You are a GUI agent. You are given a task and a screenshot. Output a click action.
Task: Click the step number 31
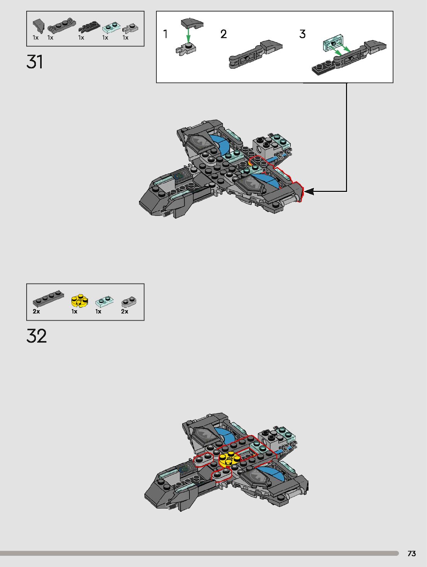[x=35, y=62]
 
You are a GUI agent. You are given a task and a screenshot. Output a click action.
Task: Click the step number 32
[x=37, y=336]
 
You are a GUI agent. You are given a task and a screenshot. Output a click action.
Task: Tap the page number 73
[x=412, y=553]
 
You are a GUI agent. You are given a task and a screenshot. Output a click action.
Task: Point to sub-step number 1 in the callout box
[x=165, y=34]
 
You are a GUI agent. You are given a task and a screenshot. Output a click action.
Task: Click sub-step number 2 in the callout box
[x=224, y=34]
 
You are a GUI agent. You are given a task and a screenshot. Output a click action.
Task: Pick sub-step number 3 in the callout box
[x=302, y=34]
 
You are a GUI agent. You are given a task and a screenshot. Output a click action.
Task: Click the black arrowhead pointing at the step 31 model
[x=309, y=191]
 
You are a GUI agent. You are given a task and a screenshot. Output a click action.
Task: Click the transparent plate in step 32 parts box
[x=104, y=301]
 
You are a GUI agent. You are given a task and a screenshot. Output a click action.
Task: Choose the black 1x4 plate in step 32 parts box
[x=48, y=299]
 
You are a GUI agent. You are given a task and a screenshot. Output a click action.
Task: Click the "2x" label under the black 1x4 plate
[x=36, y=311]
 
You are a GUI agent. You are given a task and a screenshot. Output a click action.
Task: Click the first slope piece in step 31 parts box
[x=38, y=26]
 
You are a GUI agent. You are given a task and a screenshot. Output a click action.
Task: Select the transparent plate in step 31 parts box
[x=111, y=27]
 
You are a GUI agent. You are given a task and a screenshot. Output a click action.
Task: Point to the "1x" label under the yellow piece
[x=74, y=311]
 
